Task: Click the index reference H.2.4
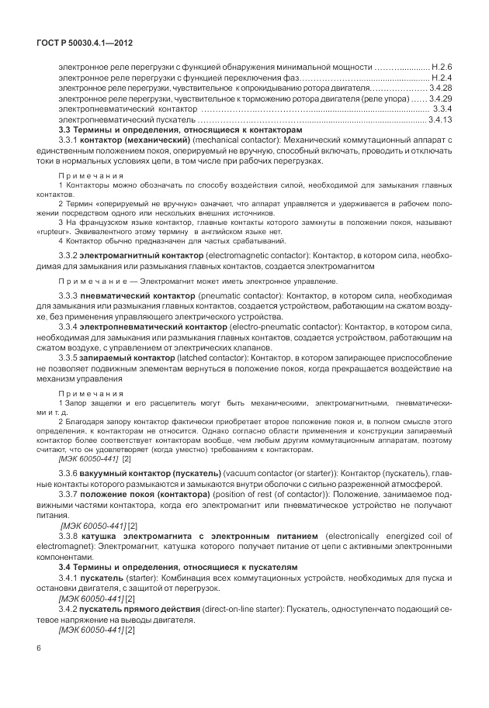pos(440,78)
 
